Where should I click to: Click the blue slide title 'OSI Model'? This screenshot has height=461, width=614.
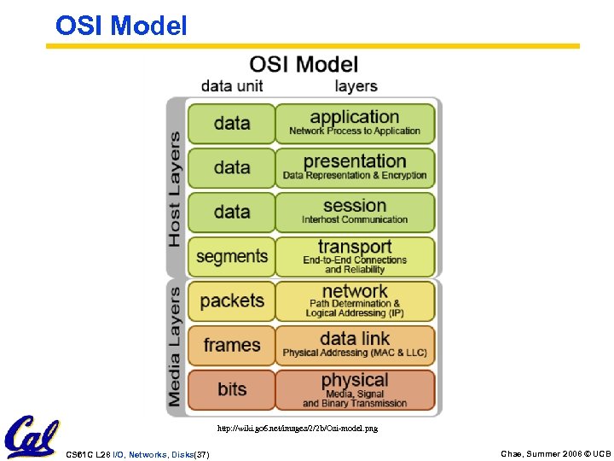tap(121, 26)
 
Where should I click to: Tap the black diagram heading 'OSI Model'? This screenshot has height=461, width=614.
tap(304, 64)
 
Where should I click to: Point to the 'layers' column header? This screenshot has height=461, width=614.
tap(356, 86)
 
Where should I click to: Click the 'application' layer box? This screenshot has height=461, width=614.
tap(355, 124)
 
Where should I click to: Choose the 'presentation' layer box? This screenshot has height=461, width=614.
tap(355, 168)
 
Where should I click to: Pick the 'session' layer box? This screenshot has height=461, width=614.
tap(355, 213)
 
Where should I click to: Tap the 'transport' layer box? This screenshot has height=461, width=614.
tap(355, 257)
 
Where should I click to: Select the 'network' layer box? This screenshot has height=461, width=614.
tap(355, 301)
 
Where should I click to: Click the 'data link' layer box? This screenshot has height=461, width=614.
tap(355, 346)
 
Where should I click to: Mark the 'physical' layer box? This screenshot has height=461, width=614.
tap(355, 390)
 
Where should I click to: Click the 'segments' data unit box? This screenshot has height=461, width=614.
tap(232, 257)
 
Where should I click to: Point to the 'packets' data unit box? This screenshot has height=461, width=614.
tap(232, 301)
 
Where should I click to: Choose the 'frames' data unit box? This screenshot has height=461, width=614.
tap(232, 346)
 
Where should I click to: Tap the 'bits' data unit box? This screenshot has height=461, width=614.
tap(232, 390)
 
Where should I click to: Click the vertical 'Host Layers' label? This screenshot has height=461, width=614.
tap(175, 189)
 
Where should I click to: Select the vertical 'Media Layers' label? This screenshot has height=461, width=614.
tap(175, 346)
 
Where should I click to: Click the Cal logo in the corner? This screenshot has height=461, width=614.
tap(32, 436)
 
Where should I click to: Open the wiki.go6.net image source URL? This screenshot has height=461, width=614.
tap(297, 428)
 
